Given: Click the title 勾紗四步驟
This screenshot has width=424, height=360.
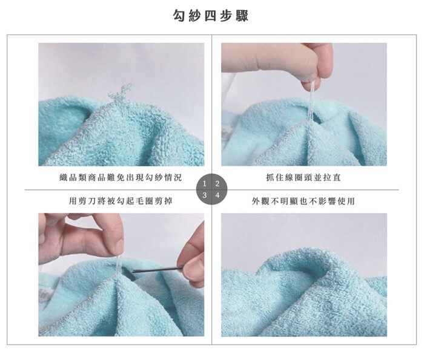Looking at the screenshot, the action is click(x=210, y=15).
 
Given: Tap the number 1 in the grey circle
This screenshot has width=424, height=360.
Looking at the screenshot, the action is click(x=205, y=184).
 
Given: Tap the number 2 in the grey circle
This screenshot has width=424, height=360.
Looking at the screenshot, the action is click(x=217, y=184).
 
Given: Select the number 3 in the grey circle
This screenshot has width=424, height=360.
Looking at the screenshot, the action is click(x=205, y=195).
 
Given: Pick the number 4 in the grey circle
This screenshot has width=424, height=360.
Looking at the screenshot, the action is click(x=217, y=195).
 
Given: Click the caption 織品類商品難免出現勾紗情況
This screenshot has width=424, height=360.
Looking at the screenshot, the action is click(x=121, y=177).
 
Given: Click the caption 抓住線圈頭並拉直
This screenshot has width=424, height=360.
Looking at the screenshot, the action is click(x=303, y=177).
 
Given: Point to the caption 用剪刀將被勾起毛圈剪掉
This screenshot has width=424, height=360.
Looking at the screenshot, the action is click(x=121, y=201).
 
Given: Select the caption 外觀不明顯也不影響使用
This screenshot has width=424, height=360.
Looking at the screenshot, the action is click(x=303, y=201).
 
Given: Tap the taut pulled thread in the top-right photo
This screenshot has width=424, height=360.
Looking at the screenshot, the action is click(x=311, y=102).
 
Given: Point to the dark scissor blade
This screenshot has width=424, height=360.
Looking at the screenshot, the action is click(x=157, y=269).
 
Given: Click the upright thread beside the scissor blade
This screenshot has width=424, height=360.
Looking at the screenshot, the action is click(x=118, y=266).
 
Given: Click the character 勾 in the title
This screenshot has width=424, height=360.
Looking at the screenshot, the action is click(x=179, y=15).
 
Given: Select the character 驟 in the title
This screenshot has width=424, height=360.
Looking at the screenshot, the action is click(x=242, y=15).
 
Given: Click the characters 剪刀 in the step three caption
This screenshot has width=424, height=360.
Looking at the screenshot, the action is click(x=83, y=201).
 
